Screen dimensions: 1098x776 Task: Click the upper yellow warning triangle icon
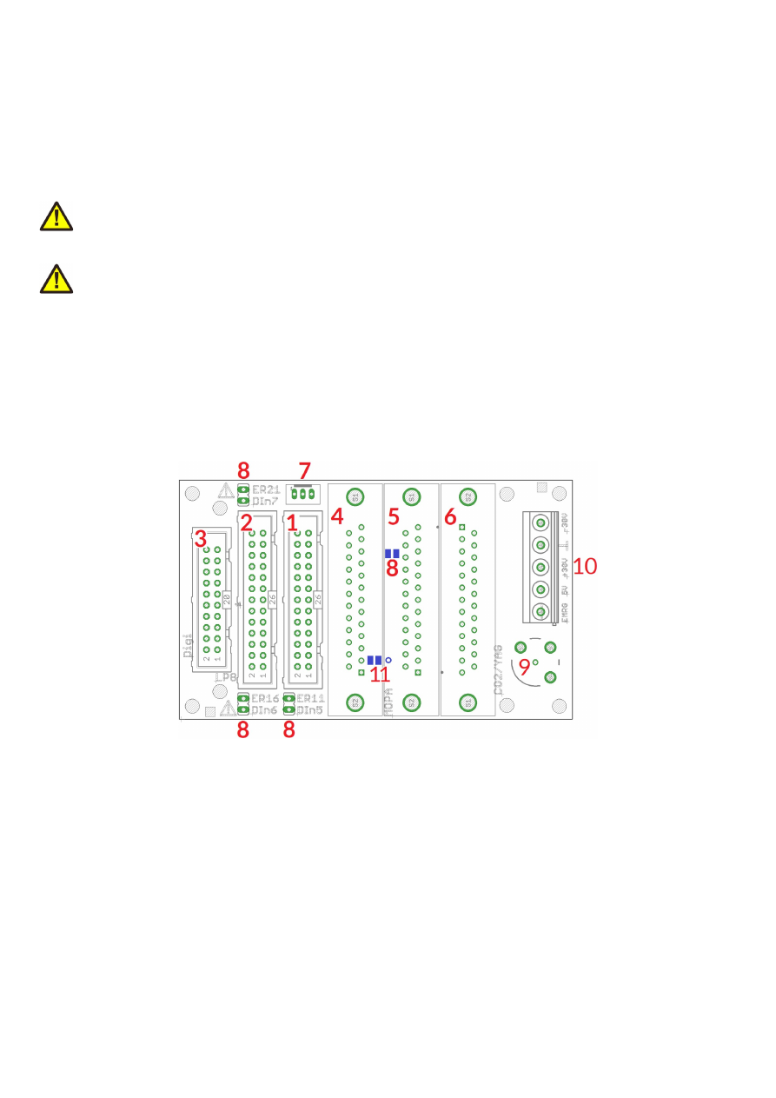click(x=56, y=216)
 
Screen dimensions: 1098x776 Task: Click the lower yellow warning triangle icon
click(x=56, y=278)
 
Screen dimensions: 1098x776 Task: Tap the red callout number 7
click(x=304, y=470)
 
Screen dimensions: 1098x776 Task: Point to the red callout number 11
click(x=380, y=674)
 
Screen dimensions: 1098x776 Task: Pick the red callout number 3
click(x=200, y=538)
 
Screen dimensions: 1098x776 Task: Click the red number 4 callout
click(x=337, y=516)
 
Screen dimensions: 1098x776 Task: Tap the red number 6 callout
click(x=450, y=516)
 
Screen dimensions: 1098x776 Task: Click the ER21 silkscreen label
click(x=266, y=490)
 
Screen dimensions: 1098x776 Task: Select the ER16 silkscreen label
click(x=265, y=699)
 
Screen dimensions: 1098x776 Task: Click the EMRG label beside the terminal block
click(x=565, y=615)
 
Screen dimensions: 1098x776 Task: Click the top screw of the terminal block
click(x=541, y=523)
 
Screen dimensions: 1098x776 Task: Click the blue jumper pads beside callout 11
click(x=375, y=661)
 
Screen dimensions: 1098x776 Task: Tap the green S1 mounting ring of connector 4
click(x=354, y=496)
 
